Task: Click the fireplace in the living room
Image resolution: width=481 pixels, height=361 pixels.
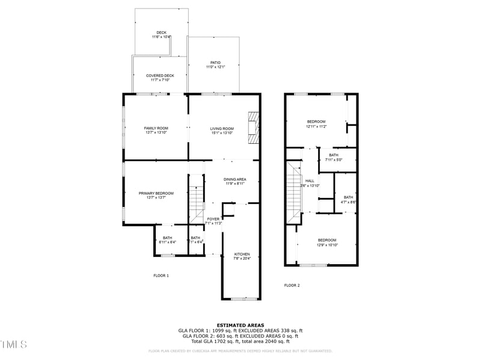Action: [x=254, y=128]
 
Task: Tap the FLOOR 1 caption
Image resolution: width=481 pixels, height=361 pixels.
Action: [x=161, y=276]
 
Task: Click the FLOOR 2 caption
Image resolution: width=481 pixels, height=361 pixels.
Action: [x=292, y=285]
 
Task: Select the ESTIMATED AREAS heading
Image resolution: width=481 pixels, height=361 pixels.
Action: [x=240, y=325]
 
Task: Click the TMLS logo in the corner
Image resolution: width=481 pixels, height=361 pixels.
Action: [x=13, y=345]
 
